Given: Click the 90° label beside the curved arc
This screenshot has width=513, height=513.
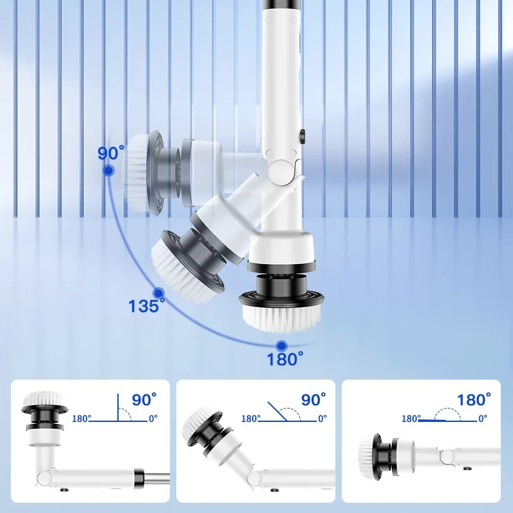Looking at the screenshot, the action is click(x=111, y=153).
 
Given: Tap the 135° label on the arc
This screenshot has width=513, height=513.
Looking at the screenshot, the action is click(x=146, y=306).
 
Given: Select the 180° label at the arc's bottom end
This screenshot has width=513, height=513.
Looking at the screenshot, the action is click(x=285, y=358).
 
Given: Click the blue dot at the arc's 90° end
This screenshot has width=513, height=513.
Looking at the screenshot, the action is click(x=108, y=171).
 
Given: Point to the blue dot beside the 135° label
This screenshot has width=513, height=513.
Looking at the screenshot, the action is click(x=158, y=293).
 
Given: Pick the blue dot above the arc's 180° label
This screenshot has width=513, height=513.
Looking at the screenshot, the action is click(x=282, y=346).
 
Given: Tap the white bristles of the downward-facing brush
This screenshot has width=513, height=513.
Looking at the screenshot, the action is click(x=282, y=317).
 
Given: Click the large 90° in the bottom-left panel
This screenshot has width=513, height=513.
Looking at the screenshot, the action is click(x=144, y=399).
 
